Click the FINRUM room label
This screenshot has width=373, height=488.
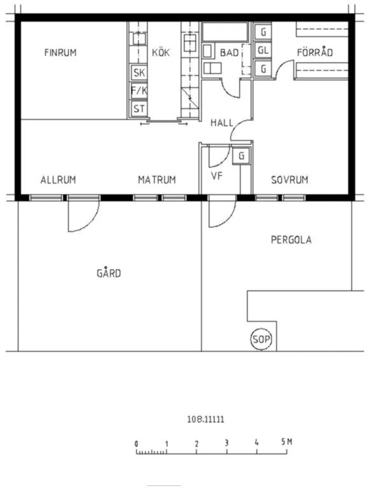(x=60, y=53)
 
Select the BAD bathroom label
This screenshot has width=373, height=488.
(x=230, y=53)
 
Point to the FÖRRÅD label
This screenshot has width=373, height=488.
(x=315, y=53)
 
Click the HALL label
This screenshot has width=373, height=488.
(x=222, y=123)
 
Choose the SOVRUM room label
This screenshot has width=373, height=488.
(x=290, y=180)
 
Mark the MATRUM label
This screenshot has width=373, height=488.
(x=157, y=180)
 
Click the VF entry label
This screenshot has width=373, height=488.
(x=216, y=176)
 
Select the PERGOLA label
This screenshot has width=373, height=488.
(x=291, y=240)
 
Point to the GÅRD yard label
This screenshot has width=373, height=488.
(x=109, y=273)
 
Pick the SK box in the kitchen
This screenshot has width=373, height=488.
(x=138, y=73)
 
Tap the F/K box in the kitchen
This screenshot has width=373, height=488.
(x=138, y=90)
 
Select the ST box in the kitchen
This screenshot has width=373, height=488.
(x=138, y=108)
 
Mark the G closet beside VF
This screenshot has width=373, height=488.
(x=241, y=155)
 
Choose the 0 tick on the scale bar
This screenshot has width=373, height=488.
(x=136, y=443)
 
